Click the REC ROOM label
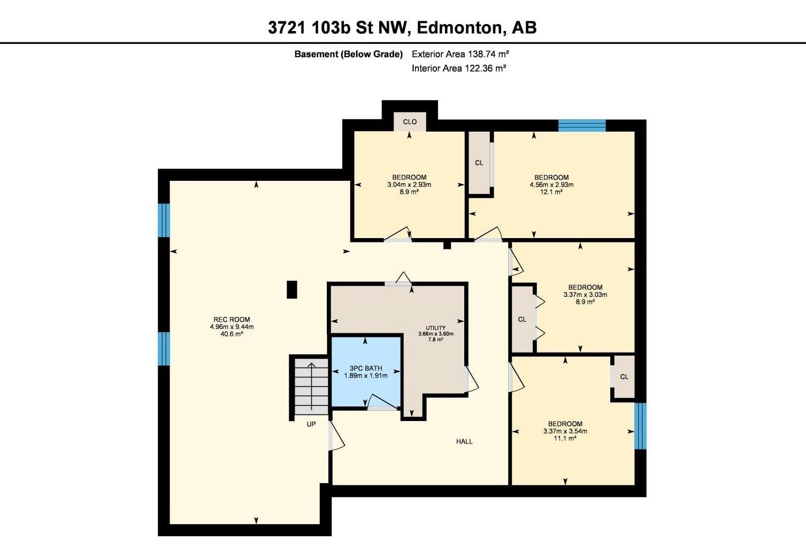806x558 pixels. coord(232,319)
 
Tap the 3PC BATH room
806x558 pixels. coord(366,371)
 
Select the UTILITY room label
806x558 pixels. coord(435,327)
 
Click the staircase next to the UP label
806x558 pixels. coord(311,386)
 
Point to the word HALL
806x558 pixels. coord(464,441)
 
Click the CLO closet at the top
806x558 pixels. coord(410,121)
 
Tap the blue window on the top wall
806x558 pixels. coord(582,126)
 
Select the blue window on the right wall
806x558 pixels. coord(640,426)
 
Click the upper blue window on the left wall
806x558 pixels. coord(164,220)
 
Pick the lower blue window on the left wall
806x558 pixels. coord(164,348)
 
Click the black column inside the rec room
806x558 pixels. coord(292,289)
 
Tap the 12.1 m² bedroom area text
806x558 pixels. coord(551,192)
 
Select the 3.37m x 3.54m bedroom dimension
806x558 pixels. coord(565,431)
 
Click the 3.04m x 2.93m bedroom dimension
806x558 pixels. coord(409,185)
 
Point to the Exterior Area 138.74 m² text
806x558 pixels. coord(460,55)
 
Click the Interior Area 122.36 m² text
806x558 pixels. coord(459,68)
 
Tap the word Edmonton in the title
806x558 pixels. coord(459,28)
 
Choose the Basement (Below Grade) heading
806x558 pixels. coord(348,55)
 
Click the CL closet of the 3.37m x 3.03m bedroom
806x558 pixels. coord(522,319)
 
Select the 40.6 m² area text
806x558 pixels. coord(232,334)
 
